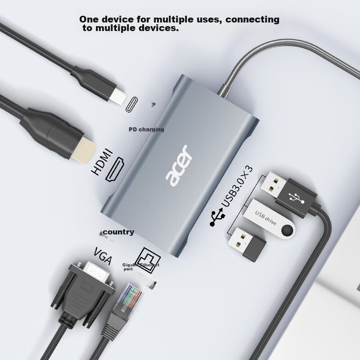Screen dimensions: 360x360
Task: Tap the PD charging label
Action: [146, 130]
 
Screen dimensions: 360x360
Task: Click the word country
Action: [118, 232]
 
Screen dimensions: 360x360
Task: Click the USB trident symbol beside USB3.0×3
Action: [216, 217]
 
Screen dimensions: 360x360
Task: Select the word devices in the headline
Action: [159, 28]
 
